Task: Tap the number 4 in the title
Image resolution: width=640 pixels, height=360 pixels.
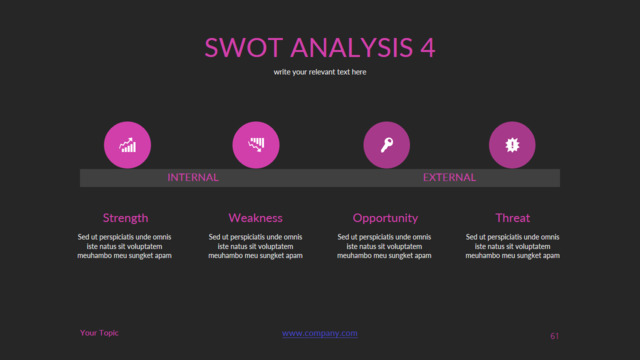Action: click(x=427, y=48)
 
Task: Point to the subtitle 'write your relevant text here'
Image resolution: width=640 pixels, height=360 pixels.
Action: click(x=320, y=72)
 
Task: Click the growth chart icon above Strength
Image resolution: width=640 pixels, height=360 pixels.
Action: click(x=127, y=145)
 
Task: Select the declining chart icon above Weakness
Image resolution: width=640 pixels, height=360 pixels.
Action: click(x=256, y=145)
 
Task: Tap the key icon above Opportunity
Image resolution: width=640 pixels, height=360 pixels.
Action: click(x=386, y=145)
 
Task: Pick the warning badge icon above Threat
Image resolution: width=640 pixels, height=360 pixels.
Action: click(x=512, y=145)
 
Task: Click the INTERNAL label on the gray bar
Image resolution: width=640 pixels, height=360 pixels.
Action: click(x=193, y=178)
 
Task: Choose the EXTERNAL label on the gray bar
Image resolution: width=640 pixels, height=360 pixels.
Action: click(x=449, y=178)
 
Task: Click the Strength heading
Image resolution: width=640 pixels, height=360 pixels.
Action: click(x=126, y=218)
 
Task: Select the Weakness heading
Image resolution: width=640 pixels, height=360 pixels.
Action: click(x=255, y=218)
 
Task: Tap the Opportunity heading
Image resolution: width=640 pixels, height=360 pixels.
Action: click(x=385, y=218)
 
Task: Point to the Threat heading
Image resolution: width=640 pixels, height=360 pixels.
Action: click(x=512, y=218)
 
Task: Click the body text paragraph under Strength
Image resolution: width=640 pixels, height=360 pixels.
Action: click(x=125, y=246)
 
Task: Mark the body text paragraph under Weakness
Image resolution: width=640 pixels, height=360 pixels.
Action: click(x=255, y=246)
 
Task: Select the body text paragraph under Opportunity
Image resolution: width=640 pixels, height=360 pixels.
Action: click(x=385, y=246)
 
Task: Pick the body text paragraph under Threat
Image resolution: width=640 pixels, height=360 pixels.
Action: click(x=513, y=246)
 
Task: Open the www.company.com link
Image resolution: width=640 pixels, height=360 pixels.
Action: click(x=320, y=334)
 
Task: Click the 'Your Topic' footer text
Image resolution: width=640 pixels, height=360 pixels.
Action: click(x=99, y=333)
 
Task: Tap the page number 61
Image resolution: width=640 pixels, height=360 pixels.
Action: click(x=554, y=337)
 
